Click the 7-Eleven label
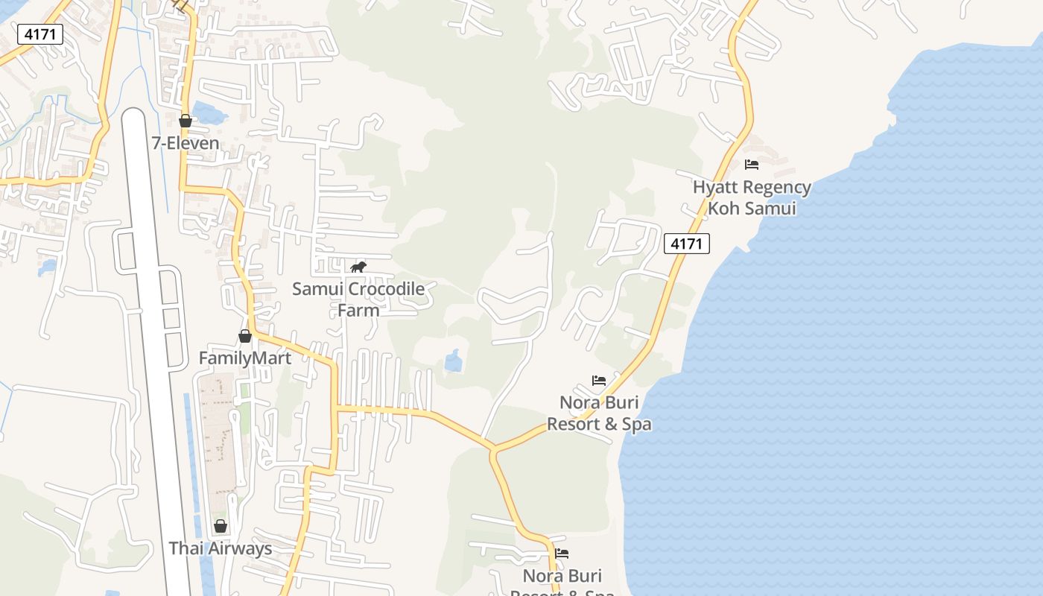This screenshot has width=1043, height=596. [186, 143]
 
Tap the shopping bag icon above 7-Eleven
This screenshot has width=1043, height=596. [186, 120]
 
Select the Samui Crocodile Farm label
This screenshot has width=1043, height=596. [358, 299]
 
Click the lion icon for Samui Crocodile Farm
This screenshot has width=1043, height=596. [358, 267]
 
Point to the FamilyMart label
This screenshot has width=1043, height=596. [244, 358]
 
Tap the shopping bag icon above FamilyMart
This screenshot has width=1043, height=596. [244, 336]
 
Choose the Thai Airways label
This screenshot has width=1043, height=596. [221, 549]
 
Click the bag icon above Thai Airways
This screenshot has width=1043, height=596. [221, 526]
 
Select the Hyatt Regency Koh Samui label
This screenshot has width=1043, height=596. [752, 197]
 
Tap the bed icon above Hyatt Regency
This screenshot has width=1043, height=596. [752, 164]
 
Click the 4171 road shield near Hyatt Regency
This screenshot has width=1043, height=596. [687, 243]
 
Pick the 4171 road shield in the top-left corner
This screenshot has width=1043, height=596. [39, 34]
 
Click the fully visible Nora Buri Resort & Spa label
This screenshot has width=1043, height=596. [599, 413]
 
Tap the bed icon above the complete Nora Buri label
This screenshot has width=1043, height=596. [599, 381]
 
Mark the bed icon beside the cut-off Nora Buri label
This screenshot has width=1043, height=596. [562, 553]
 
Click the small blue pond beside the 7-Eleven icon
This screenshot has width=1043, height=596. [209, 113]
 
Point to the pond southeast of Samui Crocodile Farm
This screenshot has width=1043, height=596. [453, 361]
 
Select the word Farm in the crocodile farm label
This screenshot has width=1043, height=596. [358, 310]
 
